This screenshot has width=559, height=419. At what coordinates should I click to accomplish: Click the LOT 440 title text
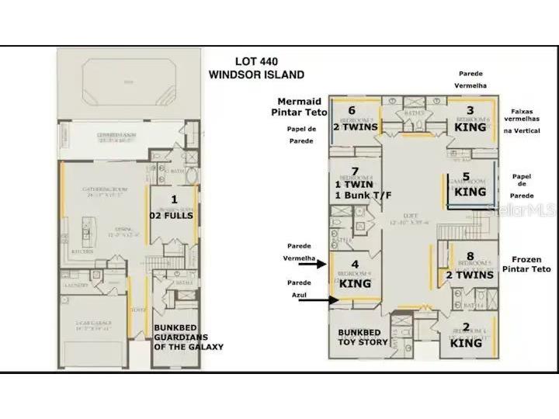[256, 62]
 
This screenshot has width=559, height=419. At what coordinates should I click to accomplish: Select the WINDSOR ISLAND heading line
[256, 74]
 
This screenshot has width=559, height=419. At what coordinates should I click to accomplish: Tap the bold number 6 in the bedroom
[352, 111]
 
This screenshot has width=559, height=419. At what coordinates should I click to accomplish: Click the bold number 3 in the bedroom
[470, 111]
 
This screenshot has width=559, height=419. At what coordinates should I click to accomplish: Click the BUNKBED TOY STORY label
[363, 337]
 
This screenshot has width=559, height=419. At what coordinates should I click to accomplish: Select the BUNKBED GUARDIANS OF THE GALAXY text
[188, 337]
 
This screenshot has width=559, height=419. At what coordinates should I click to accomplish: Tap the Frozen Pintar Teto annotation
[532, 264]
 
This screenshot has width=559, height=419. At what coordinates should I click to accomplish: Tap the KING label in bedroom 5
[470, 191]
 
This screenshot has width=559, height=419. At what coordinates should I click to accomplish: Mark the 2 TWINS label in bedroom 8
[470, 275]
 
